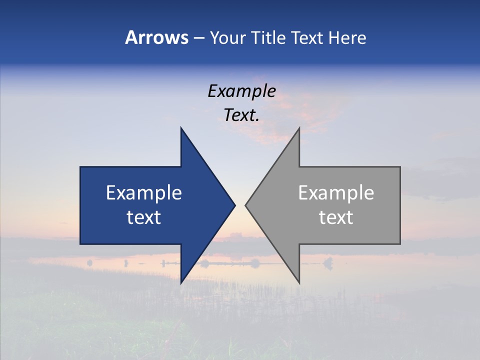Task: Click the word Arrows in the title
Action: coord(156,37)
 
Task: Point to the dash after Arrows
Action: coord(198,38)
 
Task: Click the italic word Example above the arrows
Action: coord(241,91)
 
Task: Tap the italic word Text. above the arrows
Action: coord(241,115)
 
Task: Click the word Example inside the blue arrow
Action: coord(144,193)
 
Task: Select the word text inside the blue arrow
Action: coord(144,217)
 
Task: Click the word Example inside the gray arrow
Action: coord(336,193)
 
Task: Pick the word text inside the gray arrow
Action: coord(336,217)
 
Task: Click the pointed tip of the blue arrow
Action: coord(234,205)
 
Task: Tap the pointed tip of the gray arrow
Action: coord(245,205)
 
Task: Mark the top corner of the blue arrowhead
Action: coord(181,127)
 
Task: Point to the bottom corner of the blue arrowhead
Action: coord(181,283)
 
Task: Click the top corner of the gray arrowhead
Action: coord(299,127)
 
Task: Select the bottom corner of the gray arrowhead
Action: coord(299,283)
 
